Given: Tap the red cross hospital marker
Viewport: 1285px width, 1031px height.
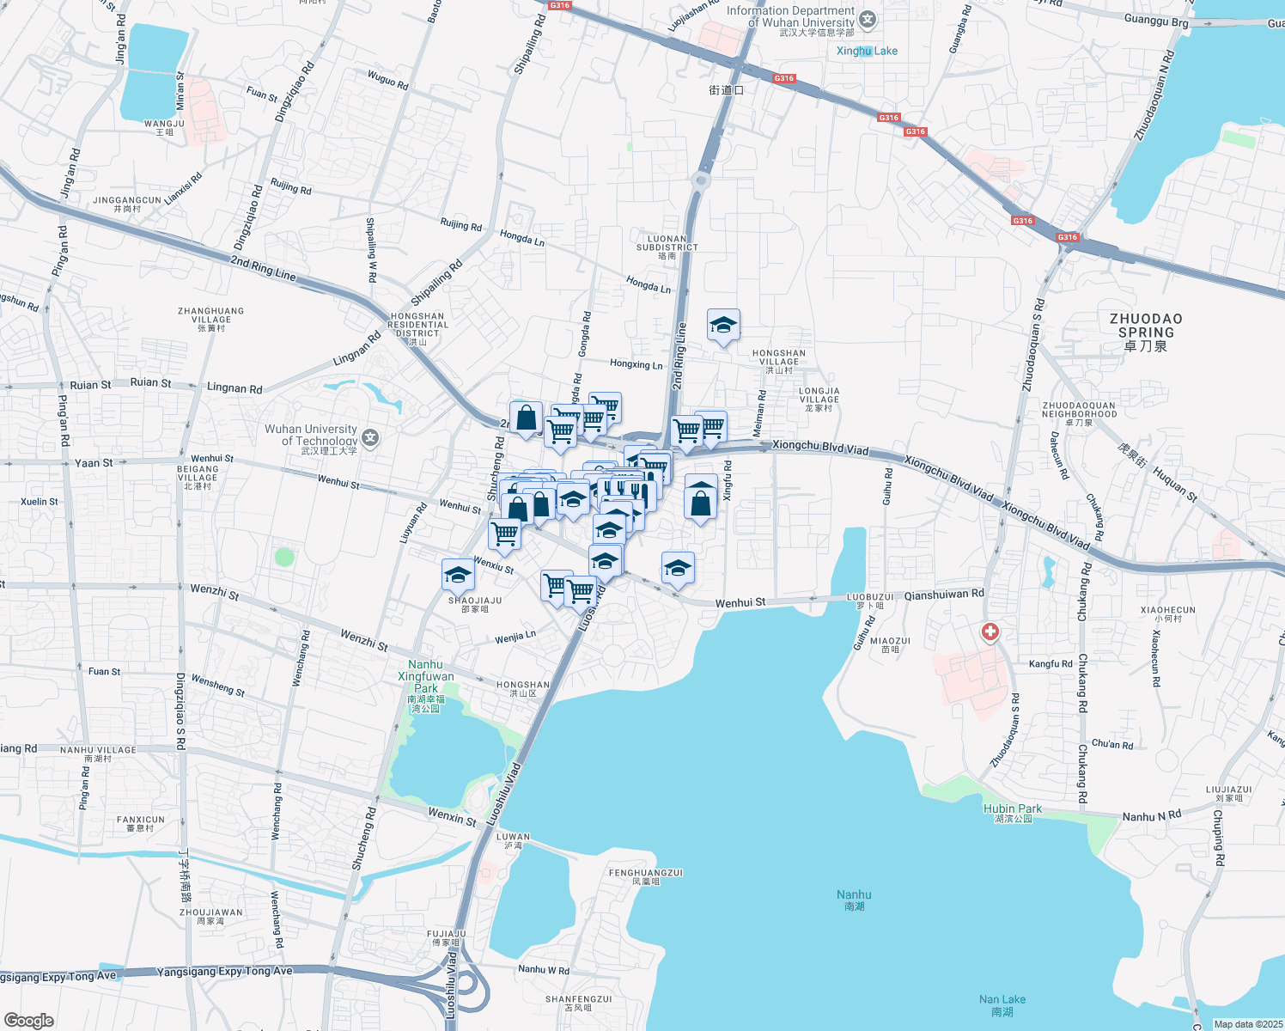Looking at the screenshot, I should click(x=990, y=632).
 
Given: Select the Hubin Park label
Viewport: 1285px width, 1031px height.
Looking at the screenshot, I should click(x=1013, y=813).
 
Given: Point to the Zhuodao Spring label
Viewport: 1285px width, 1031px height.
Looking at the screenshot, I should click(x=1146, y=332).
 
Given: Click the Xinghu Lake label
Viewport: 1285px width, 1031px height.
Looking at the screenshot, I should click(x=867, y=51).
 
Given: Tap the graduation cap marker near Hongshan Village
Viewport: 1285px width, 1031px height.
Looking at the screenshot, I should click(x=723, y=326).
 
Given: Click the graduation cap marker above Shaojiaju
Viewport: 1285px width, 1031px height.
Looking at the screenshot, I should click(x=458, y=574).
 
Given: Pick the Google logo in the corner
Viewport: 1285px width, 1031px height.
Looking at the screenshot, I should click(x=28, y=1020).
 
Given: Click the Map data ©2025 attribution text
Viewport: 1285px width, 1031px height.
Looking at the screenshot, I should click(x=1247, y=1024).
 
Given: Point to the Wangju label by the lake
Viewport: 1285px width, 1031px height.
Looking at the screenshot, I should click(x=164, y=127).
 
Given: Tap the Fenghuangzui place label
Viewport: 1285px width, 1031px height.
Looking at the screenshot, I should click(x=645, y=876).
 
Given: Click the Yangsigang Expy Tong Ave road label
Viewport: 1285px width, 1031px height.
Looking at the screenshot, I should click(x=224, y=972).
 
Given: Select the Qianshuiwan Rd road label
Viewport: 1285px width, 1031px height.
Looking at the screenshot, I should click(x=944, y=594).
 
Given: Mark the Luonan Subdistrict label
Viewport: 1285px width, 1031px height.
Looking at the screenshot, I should click(x=667, y=247).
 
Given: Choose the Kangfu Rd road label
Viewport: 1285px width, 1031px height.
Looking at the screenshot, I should click(x=1051, y=664).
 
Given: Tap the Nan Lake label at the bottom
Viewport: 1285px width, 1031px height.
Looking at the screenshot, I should click(x=1002, y=1004).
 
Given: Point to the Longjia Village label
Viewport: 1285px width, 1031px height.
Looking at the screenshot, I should click(x=819, y=399).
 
